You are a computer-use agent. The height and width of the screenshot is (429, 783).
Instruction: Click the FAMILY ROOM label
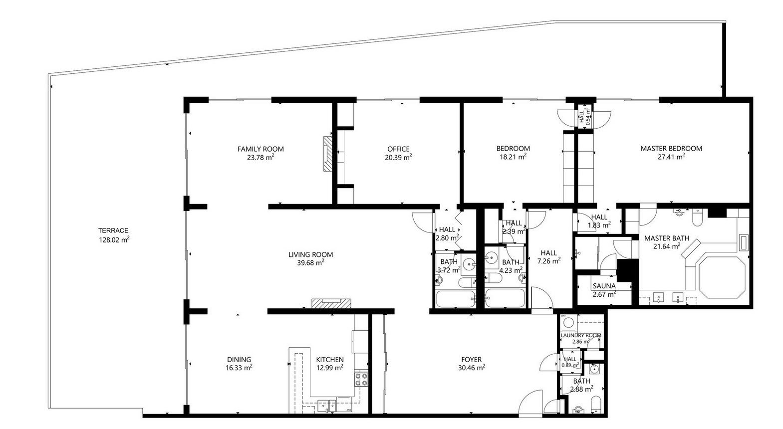261,149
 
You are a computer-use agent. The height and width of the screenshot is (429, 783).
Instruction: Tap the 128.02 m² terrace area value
114,239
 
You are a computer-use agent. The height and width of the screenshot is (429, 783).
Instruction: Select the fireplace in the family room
327,154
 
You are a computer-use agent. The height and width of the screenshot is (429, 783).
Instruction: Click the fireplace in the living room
331,303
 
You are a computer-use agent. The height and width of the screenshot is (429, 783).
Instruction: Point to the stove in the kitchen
361,380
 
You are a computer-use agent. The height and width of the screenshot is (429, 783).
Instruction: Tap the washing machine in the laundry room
568,323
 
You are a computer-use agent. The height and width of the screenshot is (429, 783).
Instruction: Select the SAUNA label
604,286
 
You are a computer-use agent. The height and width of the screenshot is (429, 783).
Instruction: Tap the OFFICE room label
398,149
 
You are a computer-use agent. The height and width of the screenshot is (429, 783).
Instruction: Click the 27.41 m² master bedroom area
671,157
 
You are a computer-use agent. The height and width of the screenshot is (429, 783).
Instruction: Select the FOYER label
471,359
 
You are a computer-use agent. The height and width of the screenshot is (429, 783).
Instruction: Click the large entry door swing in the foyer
530,403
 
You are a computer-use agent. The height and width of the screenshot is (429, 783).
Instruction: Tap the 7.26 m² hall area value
548,261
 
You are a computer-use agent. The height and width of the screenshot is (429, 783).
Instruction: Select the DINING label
239,359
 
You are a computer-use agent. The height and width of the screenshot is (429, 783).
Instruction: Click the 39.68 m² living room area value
310,263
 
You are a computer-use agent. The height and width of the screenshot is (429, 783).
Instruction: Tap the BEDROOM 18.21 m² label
513,152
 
